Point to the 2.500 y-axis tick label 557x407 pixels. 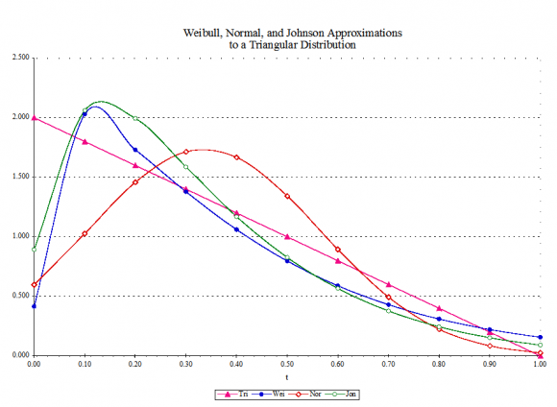pyautogui.click(x=20, y=58)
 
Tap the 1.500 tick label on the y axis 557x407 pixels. pyautogui.click(x=20, y=177)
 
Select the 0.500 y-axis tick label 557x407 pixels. pyautogui.click(x=20, y=296)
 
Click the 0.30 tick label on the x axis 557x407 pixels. pyautogui.click(x=185, y=364)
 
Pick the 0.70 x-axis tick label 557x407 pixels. pyautogui.click(x=388, y=364)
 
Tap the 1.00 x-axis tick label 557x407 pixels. pyautogui.click(x=541, y=364)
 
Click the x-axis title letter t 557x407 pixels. pyautogui.click(x=287, y=377)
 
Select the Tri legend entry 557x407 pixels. pyautogui.click(x=232, y=395)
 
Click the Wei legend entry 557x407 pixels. pyautogui.click(x=269, y=395)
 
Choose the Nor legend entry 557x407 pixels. pyautogui.click(x=305, y=395)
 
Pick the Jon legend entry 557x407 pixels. pyautogui.click(x=341, y=395)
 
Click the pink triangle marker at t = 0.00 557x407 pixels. pyautogui.click(x=35, y=117)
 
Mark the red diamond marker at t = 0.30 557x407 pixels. pyautogui.click(x=185, y=152)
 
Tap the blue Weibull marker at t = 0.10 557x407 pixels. pyautogui.click(x=85, y=114)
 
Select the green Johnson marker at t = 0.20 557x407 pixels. pyautogui.click(x=135, y=118)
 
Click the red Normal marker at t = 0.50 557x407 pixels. pyautogui.click(x=287, y=196)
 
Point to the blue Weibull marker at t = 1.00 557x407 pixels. pyautogui.click(x=541, y=337)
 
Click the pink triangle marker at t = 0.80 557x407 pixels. pyautogui.click(x=439, y=308)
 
